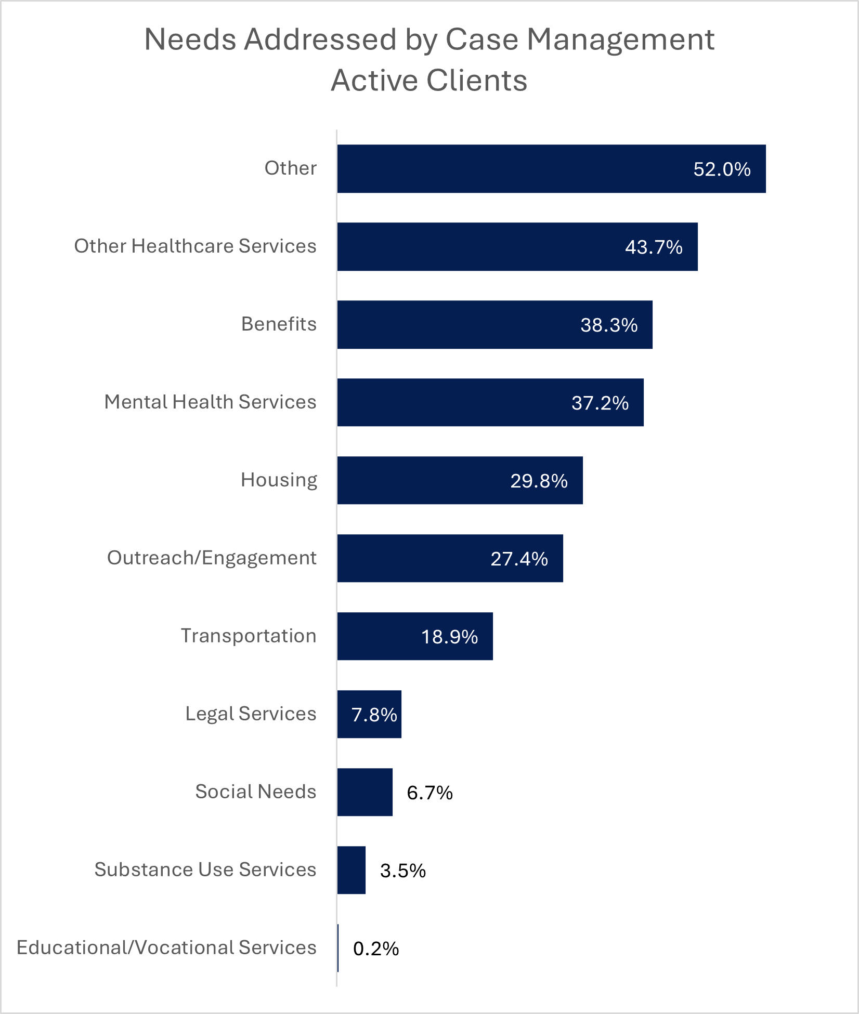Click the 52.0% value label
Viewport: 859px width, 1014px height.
point(722,169)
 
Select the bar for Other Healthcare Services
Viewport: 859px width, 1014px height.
point(517,247)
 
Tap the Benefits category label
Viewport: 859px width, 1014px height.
point(279,324)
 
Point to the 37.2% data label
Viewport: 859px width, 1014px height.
point(600,403)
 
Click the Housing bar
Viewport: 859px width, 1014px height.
point(460,480)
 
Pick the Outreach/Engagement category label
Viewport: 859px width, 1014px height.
point(212,558)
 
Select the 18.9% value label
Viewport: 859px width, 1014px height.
point(449,637)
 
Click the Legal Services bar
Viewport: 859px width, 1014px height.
point(369,714)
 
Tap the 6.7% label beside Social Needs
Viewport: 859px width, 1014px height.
point(430,793)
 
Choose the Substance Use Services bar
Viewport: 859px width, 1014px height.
point(352,870)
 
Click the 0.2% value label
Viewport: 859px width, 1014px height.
point(376,949)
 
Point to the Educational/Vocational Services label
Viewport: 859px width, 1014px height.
point(166,947)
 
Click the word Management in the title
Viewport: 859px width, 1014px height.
point(620,39)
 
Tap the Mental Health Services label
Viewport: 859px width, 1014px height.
point(210,402)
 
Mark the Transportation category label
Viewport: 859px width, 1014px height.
point(249,636)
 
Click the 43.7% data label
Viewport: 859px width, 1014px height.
point(654,247)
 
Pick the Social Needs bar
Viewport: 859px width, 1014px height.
point(365,792)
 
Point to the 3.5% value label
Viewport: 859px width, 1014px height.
point(403,871)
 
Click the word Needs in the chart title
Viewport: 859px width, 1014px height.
point(190,39)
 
